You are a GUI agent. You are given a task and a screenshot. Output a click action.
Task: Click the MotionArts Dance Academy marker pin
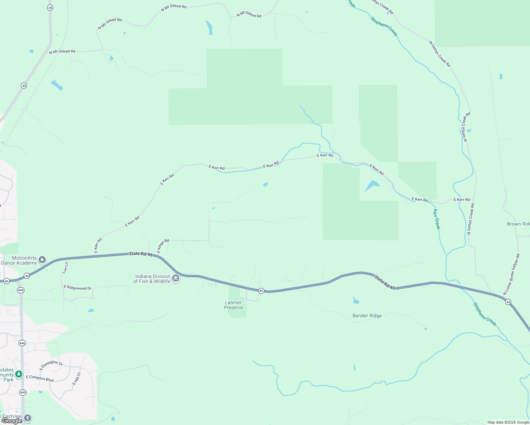(42, 260)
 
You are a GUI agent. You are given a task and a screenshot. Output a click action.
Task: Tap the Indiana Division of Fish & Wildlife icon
(176, 279)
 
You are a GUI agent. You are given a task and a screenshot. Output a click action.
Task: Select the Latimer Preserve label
(233, 305)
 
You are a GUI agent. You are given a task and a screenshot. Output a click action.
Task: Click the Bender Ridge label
(367, 316)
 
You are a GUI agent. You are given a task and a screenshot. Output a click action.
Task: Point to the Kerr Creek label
(436, 219)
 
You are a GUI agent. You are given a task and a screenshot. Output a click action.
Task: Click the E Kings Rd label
(163, 246)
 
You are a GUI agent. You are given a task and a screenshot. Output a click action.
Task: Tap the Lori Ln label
(65, 268)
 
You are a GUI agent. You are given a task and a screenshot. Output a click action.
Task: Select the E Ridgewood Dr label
(78, 288)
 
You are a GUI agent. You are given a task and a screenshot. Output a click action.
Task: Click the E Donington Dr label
(51, 365)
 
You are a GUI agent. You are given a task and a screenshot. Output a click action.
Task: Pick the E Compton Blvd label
(40, 378)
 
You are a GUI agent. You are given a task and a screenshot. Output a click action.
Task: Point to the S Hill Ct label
(76, 379)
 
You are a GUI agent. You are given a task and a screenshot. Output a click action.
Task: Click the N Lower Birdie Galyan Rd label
(512, 274)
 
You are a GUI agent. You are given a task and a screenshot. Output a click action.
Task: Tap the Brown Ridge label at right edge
(518, 224)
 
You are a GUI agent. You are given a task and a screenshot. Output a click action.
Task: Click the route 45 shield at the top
(50, 7)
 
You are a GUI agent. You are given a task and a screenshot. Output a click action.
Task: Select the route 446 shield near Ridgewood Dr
(21, 290)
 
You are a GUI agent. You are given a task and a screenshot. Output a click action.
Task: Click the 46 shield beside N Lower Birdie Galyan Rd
(508, 302)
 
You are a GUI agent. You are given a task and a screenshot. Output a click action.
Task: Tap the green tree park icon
(19, 374)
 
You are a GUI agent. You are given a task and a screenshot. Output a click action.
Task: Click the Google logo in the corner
(12, 421)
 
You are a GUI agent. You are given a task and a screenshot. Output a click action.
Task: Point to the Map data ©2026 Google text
(508, 422)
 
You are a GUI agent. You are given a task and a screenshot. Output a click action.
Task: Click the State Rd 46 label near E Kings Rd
(141, 254)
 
